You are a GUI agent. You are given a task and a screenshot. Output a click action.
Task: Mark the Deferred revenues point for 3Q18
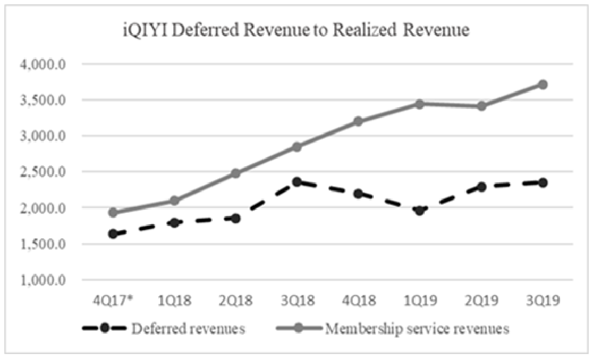(x=297, y=182)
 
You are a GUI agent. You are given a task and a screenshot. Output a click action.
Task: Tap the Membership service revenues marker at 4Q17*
(x=113, y=213)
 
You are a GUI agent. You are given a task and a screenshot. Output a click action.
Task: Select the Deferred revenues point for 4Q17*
(x=113, y=234)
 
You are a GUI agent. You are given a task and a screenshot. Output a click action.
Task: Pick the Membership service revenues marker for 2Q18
(x=236, y=173)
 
